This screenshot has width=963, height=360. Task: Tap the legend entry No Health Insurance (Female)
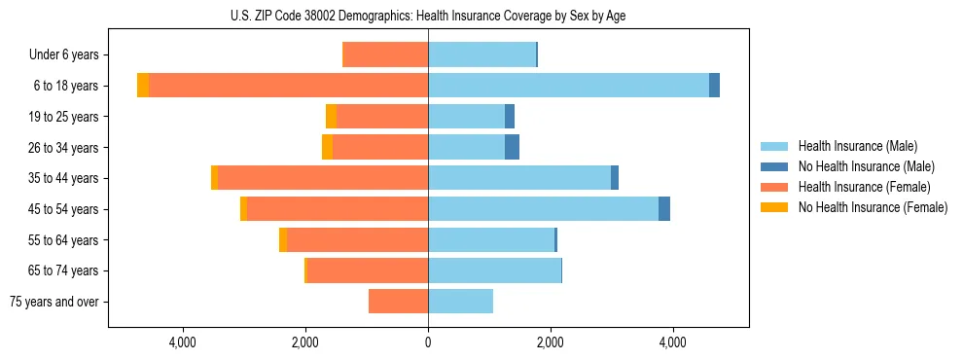tap(873, 207)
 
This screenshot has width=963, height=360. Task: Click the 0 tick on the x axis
tap(428, 342)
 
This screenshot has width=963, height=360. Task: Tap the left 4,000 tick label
tap(183, 342)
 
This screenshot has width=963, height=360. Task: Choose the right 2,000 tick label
tap(551, 342)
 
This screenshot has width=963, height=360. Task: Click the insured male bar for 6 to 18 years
tap(568, 86)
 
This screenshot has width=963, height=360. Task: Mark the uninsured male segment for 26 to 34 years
tap(512, 147)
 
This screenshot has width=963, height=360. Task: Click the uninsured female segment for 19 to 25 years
tap(332, 117)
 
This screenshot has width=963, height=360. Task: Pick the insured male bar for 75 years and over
tap(460, 302)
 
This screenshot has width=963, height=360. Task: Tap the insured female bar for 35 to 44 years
tap(323, 178)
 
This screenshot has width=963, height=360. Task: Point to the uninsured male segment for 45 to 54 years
tap(664, 209)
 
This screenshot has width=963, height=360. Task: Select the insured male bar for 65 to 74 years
tap(494, 270)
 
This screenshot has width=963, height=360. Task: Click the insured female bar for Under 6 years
tap(386, 55)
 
